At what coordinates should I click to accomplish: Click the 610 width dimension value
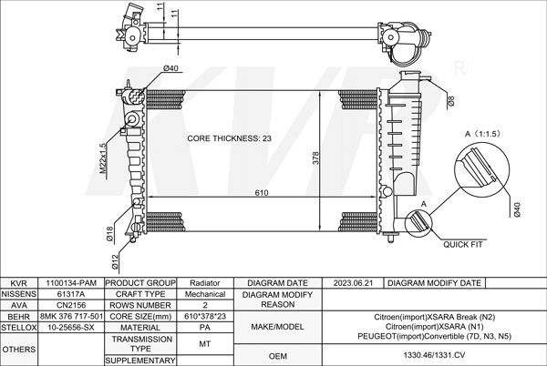click(262, 193)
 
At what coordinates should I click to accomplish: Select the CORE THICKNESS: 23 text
click(230, 138)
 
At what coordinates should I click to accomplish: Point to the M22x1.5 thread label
click(103, 157)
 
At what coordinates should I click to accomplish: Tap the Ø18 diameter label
click(108, 234)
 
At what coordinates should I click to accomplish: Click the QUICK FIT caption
click(461, 244)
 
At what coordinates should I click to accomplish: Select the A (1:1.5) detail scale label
click(484, 134)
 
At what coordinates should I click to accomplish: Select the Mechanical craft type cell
click(205, 294)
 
